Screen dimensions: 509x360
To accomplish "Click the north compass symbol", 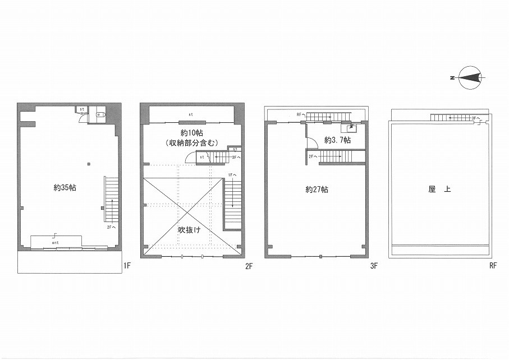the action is [x=469, y=78].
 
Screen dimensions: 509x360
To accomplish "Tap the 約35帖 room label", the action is [x=65, y=187].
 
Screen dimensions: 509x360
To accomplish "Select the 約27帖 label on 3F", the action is [x=317, y=190].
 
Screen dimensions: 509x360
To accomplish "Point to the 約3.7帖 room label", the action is [x=338, y=140].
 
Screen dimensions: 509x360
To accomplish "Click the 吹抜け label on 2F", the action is [x=189, y=230].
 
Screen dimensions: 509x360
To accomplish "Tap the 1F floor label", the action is [x=127, y=266].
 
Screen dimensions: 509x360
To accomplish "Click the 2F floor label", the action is [x=249, y=266].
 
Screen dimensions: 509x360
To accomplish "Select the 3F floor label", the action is [x=374, y=266].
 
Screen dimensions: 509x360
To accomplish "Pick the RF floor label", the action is [x=493, y=266].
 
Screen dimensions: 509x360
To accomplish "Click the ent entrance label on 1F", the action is [x=55, y=243].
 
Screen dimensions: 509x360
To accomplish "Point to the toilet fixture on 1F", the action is [x=100, y=114].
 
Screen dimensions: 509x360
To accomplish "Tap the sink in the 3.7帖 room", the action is [x=351, y=128].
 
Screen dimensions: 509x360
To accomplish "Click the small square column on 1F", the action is [x=89, y=164].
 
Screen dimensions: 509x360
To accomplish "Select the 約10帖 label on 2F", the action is [x=192, y=133].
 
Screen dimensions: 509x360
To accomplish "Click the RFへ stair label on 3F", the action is [x=301, y=114].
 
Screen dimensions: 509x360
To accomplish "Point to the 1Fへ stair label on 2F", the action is [x=233, y=175].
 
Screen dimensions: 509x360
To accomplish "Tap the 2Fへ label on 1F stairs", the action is [x=111, y=227].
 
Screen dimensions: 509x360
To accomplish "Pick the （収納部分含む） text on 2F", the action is [x=191, y=142].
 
